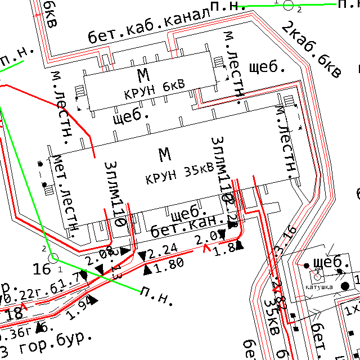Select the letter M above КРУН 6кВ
(x=144, y=74)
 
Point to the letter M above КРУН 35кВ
(x=164, y=154)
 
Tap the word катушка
(x=319, y=287)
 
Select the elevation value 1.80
(x=168, y=263)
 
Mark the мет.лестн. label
(x=65, y=191)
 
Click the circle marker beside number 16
(x=54, y=258)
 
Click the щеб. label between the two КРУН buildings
(x=130, y=117)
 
